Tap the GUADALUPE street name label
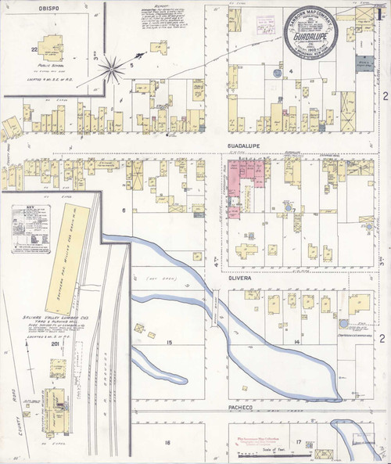[x=244, y=145]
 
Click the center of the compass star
[x=114, y=69]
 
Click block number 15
[x=168, y=343]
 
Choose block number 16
[x=167, y=443]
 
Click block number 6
[x=123, y=210]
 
